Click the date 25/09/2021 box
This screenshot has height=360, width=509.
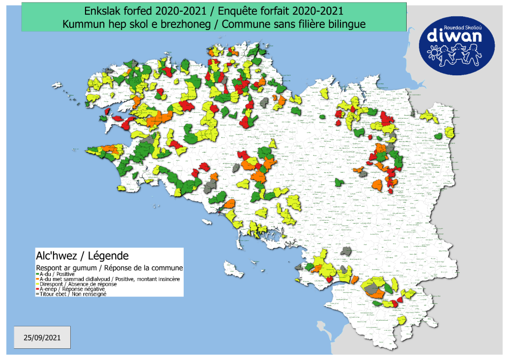click(42, 337)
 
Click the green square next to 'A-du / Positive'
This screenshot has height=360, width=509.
click(38, 274)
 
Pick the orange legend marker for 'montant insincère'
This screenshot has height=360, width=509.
click(38, 279)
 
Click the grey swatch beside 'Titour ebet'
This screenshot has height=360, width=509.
click(38, 294)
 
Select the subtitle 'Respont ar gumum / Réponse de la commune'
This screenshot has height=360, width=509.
click(109, 267)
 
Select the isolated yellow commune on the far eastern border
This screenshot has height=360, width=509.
click(449, 132)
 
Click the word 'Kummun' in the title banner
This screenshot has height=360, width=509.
click(81, 23)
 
